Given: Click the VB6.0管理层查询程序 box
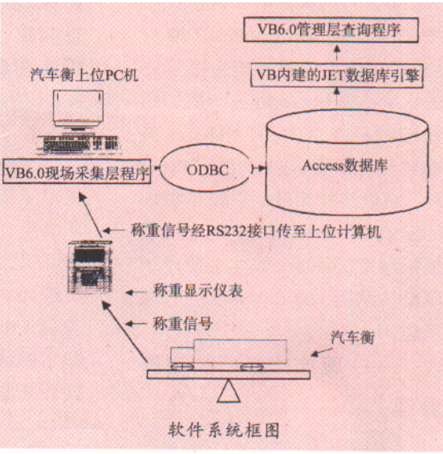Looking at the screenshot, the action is (331, 30).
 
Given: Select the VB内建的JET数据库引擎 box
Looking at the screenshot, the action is (336, 76).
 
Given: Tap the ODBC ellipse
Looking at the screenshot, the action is (204, 169).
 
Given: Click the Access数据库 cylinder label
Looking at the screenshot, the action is (344, 166).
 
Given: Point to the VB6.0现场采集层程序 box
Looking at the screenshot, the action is (76, 171).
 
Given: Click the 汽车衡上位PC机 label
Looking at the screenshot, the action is (84, 76).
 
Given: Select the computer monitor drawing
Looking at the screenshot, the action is (78, 110).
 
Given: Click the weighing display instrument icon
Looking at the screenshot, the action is (89, 268).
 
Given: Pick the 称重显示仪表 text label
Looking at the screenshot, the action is (197, 291).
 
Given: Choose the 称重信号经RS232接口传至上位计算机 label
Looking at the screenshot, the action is (256, 231).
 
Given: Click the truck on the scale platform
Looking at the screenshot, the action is (229, 354).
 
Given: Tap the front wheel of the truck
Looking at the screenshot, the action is (182, 367).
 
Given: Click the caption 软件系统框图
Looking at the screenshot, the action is (224, 429).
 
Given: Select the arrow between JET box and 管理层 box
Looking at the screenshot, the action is (336, 54).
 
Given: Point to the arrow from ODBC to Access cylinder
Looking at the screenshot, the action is (258, 168).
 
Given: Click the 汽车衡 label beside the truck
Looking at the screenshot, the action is (352, 337).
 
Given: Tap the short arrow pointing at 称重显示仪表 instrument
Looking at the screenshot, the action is (136, 292).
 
